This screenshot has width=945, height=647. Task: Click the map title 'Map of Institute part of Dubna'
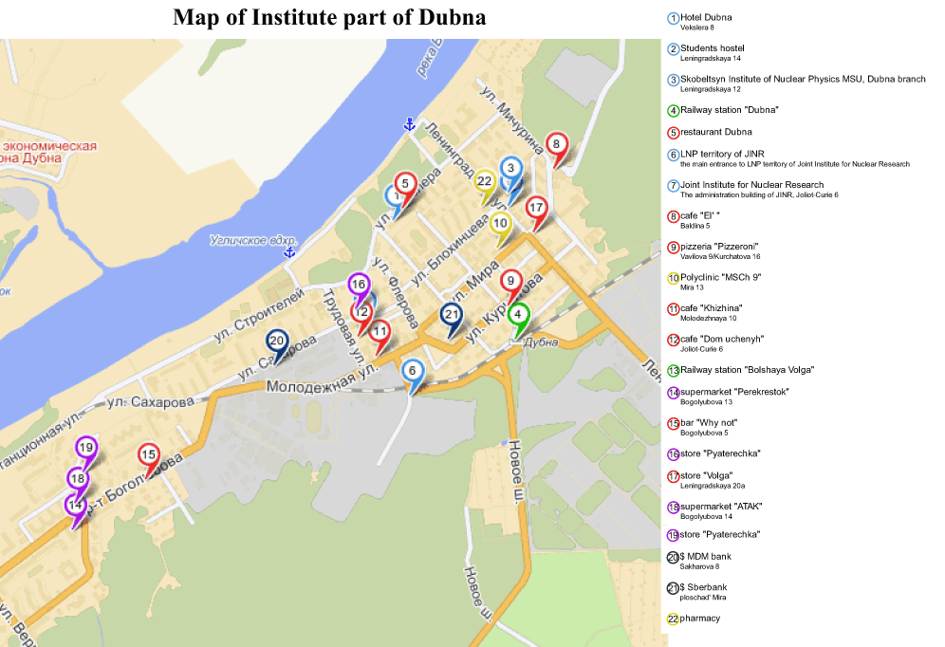329,17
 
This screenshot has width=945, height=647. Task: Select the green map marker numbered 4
518,316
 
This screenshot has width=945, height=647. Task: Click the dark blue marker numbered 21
453,317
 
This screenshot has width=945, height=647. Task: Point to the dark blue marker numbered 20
277,342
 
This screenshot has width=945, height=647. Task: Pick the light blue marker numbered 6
412,372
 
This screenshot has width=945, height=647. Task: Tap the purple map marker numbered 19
86,449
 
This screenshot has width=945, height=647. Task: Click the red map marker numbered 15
148,456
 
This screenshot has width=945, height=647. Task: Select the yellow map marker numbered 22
485,182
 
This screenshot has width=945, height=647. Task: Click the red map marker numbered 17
536,209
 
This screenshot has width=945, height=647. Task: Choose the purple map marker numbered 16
359,285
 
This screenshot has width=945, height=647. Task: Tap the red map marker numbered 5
405,185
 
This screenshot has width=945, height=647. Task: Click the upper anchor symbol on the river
410,124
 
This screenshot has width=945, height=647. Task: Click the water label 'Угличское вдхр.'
253,240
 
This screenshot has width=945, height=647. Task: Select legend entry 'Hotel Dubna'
706,17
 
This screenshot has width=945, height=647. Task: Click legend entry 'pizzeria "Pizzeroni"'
719,247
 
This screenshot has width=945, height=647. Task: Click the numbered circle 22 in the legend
673,619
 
